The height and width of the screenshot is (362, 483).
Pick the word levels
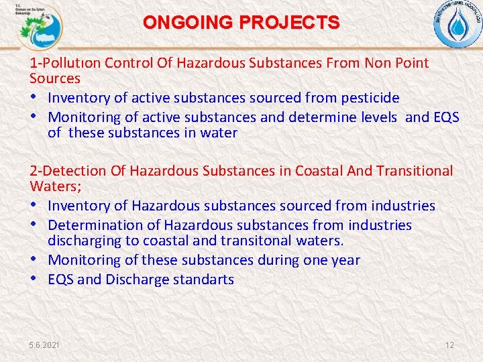click(x=378, y=117)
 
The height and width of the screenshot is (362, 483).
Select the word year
click(x=344, y=259)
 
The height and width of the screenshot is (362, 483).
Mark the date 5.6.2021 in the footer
click(x=44, y=345)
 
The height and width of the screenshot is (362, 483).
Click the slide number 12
click(x=449, y=345)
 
